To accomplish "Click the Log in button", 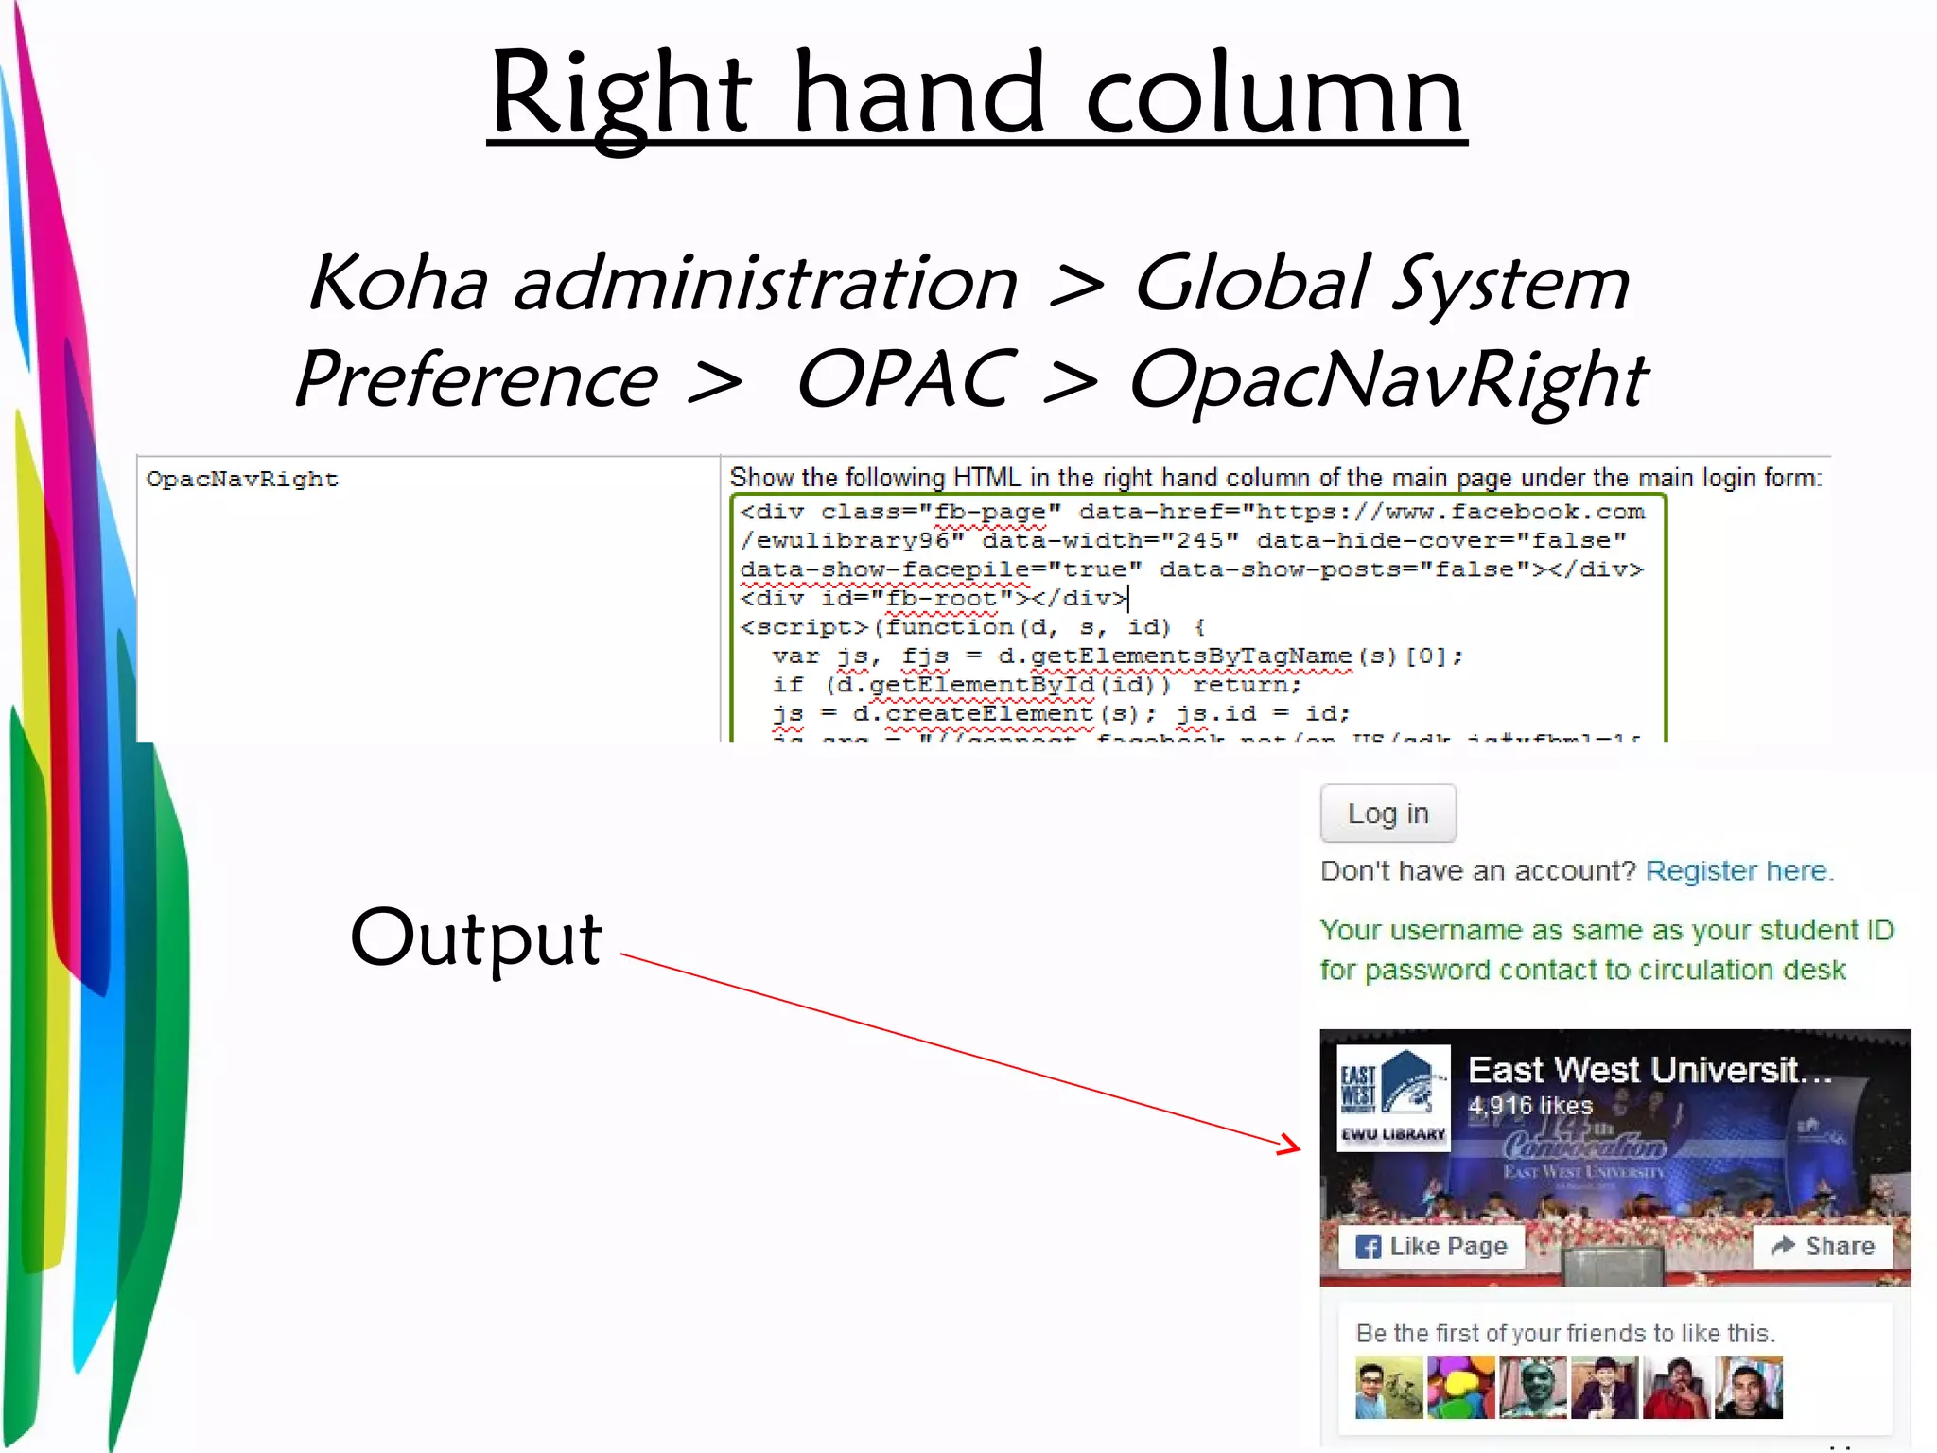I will coord(1387,814).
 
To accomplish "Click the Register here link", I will coord(1738,871).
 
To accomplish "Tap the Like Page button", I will coord(1431,1247).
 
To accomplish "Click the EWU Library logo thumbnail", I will coord(1393,1097).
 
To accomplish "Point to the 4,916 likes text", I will coord(1529,1106).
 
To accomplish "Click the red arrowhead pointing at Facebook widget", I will coord(1289,1145).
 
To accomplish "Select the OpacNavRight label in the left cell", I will coord(242,480).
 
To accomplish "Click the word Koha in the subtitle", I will coord(398,284).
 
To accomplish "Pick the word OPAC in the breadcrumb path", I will coord(906,379).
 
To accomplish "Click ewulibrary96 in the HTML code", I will coord(851,541).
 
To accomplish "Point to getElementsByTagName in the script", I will coord(1191,656).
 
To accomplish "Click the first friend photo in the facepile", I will coord(1388,1388).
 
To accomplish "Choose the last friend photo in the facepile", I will coord(1749,1388).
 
